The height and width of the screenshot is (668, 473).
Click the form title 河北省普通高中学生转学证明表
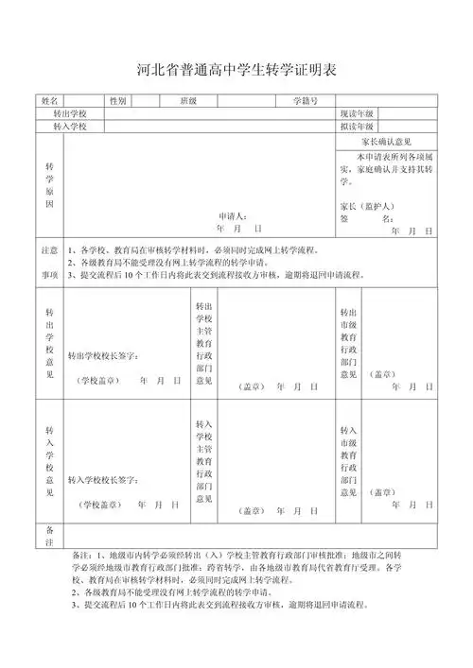[x=237, y=70]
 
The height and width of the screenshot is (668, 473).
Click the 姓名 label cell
[x=50, y=100]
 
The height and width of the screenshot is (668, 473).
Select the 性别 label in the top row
[x=118, y=100]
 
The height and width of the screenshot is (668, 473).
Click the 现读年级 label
[x=358, y=112]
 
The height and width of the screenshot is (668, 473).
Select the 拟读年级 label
[x=358, y=126]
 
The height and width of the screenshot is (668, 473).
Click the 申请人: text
[x=233, y=215]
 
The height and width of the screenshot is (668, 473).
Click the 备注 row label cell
[x=50, y=536]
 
